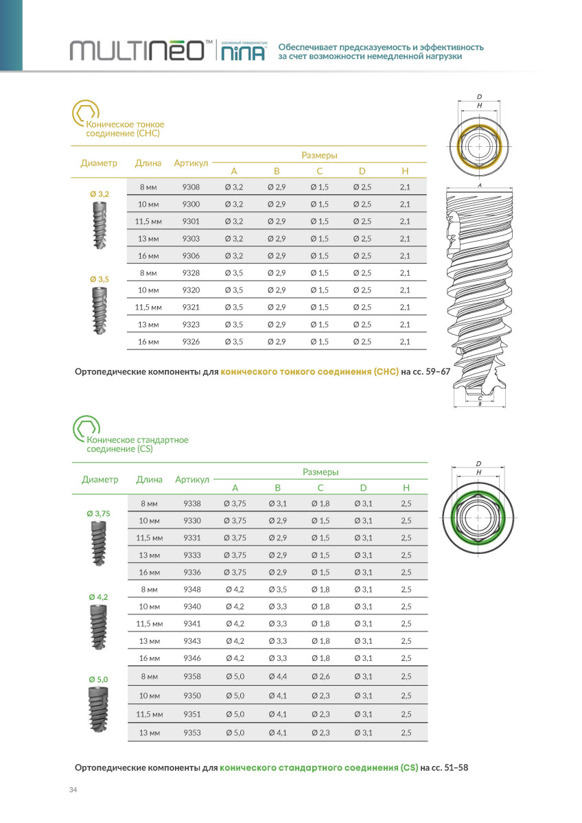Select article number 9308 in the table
(x=191, y=187)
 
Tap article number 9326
(x=191, y=341)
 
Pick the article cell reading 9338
(x=192, y=504)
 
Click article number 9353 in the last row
(x=192, y=733)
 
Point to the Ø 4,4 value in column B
(x=278, y=676)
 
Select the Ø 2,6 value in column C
(x=321, y=676)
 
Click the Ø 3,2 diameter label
(x=100, y=195)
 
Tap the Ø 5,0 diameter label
(x=99, y=680)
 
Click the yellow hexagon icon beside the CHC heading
(x=86, y=113)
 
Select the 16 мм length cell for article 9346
(x=148, y=658)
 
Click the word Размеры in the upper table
(x=319, y=155)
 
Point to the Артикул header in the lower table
(x=192, y=479)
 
